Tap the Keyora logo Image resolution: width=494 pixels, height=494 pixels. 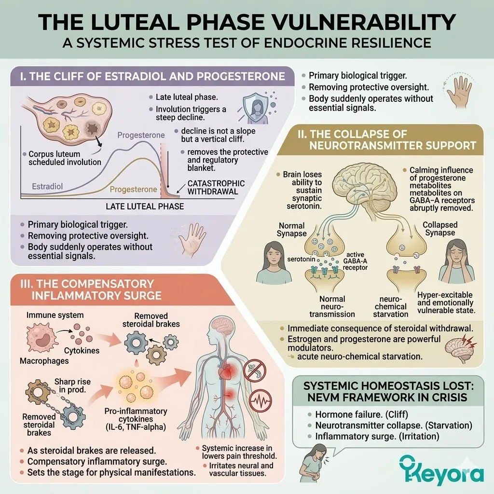pyautogui.click(x=441, y=469)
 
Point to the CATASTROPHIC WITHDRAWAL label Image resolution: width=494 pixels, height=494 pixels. pyautogui.click(x=216, y=188)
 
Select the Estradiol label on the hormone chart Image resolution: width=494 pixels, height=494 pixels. pyautogui.click(x=47, y=187)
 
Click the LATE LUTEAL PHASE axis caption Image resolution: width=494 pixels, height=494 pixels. pyautogui.click(x=145, y=206)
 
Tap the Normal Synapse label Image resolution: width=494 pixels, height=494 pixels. pyautogui.click(x=291, y=229)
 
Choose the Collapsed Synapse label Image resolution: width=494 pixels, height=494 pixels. pyautogui.click(x=440, y=229)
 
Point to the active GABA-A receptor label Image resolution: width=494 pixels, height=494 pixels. pyautogui.click(x=356, y=261)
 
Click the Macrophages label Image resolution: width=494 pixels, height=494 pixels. pyautogui.click(x=44, y=361)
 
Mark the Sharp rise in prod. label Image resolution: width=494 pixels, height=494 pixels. pyautogui.click(x=72, y=385)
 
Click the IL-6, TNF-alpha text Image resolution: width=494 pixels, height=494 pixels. pyautogui.click(x=136, y=427)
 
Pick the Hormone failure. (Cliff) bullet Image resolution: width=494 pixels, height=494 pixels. pyautogui.click(x=362, y=414)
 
